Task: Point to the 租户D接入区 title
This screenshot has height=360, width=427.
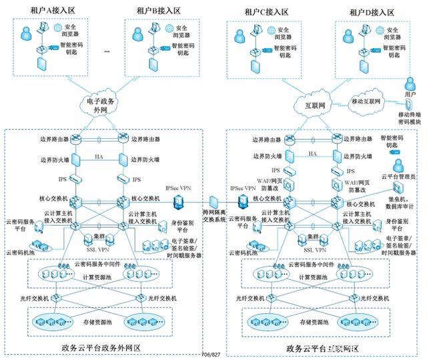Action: coord(372,11)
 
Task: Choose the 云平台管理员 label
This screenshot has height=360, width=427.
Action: coord(402,176)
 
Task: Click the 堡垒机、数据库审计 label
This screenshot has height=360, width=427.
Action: coord(402,204)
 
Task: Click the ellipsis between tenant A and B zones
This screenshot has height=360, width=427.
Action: coord(107,51)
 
